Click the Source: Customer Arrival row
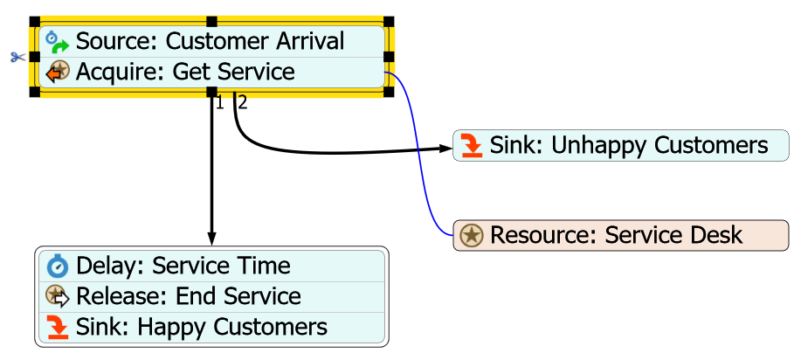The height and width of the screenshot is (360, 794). tap(210, 41)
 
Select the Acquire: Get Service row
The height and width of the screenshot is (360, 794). tap(210, 72)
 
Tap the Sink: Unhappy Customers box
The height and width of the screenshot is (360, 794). tap(621, 145)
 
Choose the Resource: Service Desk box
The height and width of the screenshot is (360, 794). tap(621, 235)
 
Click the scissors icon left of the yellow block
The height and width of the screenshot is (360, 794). tap(17, 58)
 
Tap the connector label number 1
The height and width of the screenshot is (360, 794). tap(219, 103)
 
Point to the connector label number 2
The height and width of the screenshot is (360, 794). tap(243, 103)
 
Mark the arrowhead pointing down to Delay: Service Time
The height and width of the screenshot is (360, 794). tap(211, 239)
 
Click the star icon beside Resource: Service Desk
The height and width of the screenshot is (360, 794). tap(472, 235)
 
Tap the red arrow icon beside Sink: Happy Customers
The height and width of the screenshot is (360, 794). tap(58, 328)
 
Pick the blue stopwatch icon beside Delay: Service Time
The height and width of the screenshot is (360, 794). tap(58, 266)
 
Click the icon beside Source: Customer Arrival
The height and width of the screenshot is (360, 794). tap(58, 41)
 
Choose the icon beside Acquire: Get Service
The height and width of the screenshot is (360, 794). tap(58, 72)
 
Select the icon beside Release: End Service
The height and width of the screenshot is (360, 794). tap(58, 296)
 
